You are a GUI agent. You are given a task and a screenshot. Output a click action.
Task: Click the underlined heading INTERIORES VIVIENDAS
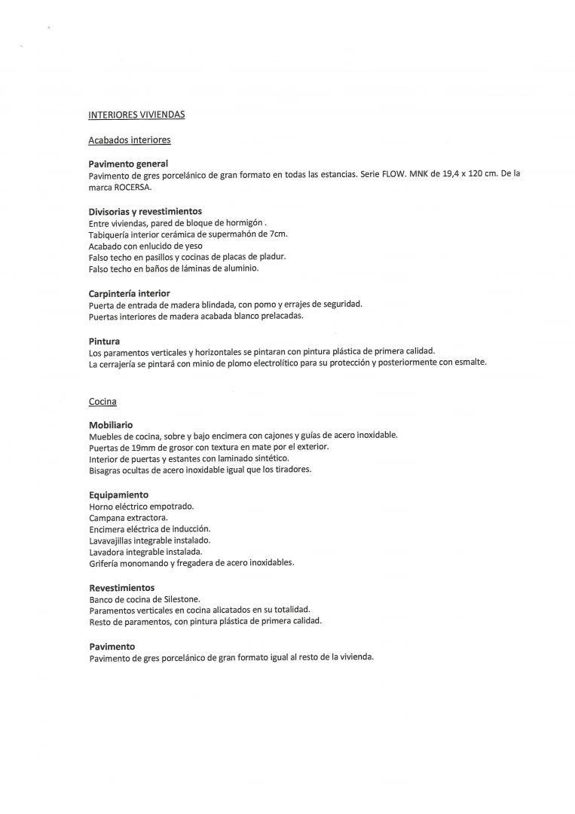click(136, 115)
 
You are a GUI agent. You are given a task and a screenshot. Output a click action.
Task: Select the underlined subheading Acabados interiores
click(130, 139)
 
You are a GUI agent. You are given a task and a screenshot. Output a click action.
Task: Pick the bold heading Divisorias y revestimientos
click(145, 211)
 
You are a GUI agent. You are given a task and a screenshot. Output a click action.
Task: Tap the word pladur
click(271, 257)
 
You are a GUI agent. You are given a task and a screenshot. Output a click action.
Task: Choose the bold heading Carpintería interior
click(129, 293)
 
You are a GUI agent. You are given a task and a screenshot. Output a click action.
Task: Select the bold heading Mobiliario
click(111, 424)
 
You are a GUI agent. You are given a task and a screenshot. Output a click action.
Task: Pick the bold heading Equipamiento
click(119, 494)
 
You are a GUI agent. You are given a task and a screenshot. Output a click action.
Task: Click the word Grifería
click(105, 563)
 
